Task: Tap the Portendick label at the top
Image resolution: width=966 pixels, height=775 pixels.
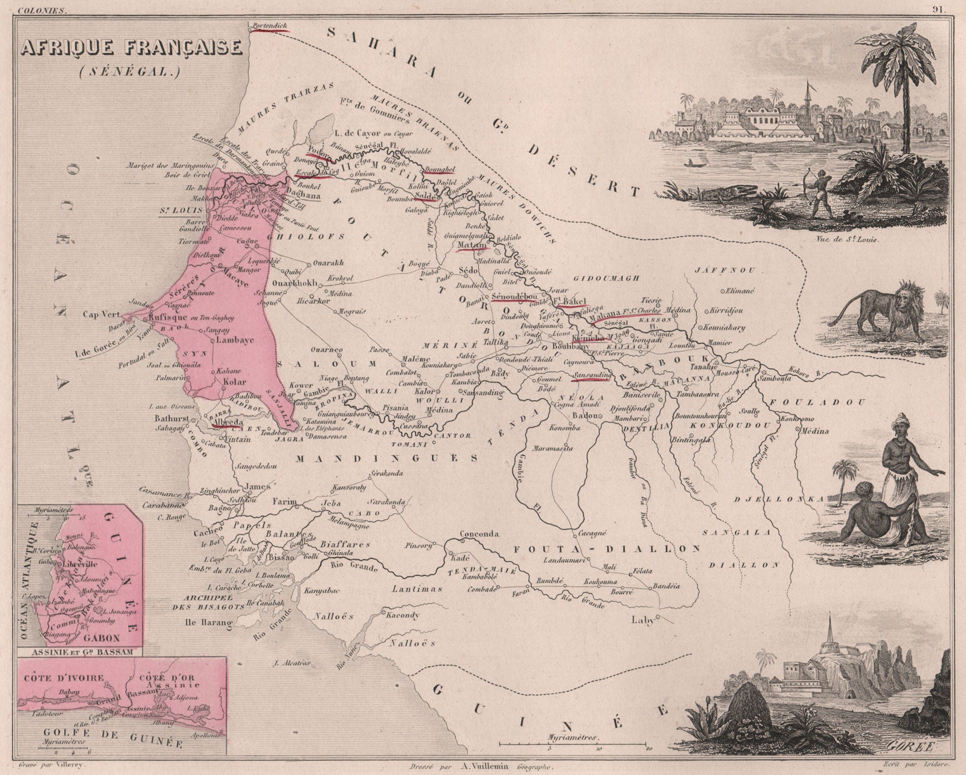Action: click(269, 26)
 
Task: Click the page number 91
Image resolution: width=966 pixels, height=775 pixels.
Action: click(950, 8)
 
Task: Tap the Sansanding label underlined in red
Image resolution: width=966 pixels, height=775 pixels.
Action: click(590, 376)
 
